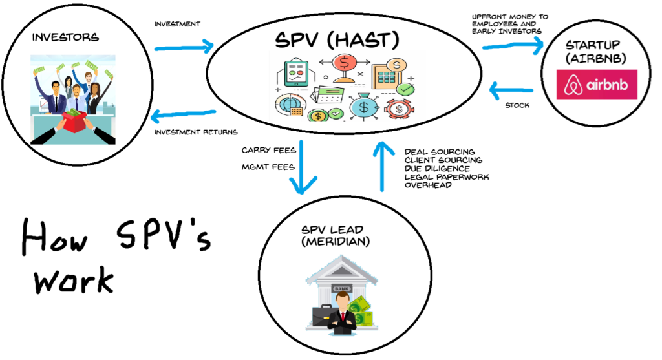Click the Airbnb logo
[x=597, y=84]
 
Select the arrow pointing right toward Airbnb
[x=514, y=45]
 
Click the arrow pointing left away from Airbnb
[x=511, y=90]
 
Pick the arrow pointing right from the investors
[x=184, y=47]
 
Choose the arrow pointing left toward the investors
[x=183, y=115]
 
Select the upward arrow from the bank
[x=383, y=166]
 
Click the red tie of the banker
[x=342, y=316]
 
